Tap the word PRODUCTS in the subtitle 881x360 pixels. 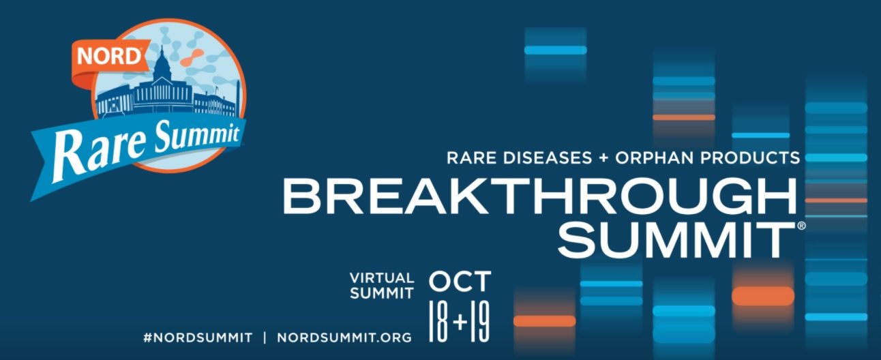click(x=751, y=158)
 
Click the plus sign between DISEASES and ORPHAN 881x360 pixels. click(x=603, y=158)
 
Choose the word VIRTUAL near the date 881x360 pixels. click(x=382, y=278)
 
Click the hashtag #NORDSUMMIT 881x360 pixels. click(x=198, y=337)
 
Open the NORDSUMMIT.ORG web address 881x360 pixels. click(x=344, y=337)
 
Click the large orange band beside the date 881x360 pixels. click(x=763, y=296)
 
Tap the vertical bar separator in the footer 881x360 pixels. click(x=265, y=337)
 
